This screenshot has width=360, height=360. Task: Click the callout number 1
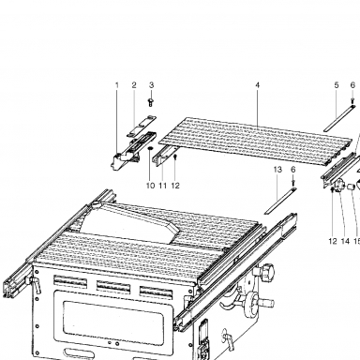coord(117,85)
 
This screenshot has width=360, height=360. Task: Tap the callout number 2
coord(134,85)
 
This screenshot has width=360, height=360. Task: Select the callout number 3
coord(151,85)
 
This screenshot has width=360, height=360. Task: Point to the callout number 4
coord(258,85)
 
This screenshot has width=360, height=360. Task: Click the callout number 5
coord(337,85)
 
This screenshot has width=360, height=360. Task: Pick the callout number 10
coord(150,186)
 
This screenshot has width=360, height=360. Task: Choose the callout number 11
coord(162,186)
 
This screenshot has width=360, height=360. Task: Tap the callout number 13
coord(277,170)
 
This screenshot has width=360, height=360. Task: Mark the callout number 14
coord(345,241)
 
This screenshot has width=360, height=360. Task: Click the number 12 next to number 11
coord(175,186)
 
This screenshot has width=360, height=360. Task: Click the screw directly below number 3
coord(151,102)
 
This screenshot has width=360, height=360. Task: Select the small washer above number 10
coord(150,148)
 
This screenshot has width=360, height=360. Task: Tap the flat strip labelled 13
coord(279,201)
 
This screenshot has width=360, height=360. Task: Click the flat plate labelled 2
coord(141,126)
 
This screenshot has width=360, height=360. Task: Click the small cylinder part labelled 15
coord(351,187)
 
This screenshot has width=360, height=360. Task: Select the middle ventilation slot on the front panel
coord(112,288)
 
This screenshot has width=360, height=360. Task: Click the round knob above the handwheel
coord(266,270)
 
